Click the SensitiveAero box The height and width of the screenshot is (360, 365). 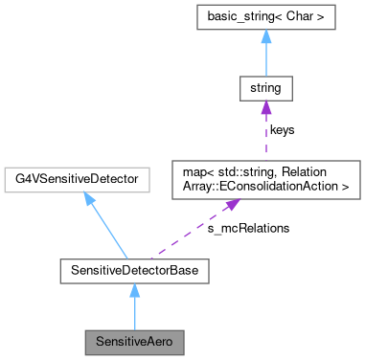[x=130, y=340]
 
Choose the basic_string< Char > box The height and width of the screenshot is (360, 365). [x=265, y=19]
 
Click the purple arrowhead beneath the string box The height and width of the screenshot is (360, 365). [x=265, y=109]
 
